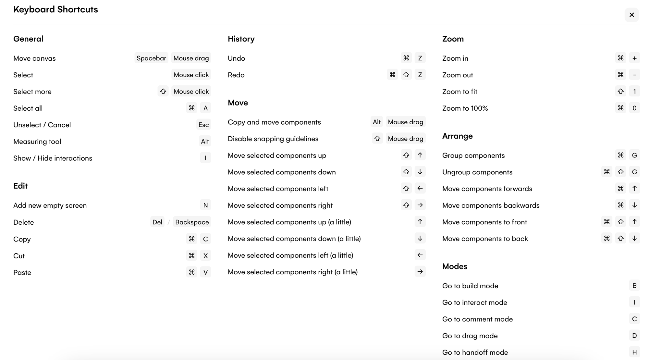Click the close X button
point(631,15)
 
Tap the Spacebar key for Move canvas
point(151,58)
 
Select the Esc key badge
point(203,125)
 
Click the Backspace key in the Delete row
point(192,222)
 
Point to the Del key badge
point(157,222)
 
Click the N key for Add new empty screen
point(205,205)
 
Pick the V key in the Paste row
point(205,272)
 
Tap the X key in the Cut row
point(205,255)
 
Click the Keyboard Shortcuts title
point(55,9)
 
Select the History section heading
point(241,39)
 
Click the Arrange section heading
point(457,136)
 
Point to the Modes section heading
point(455,267)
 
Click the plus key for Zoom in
point(634,58)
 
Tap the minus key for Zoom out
point(634,75)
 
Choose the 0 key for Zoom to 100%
point(634,108)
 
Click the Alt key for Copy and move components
point(376,122)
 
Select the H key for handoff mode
point(634,352)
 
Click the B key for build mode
point(634,286)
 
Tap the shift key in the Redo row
point(406,75)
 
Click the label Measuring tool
point(37,142)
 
